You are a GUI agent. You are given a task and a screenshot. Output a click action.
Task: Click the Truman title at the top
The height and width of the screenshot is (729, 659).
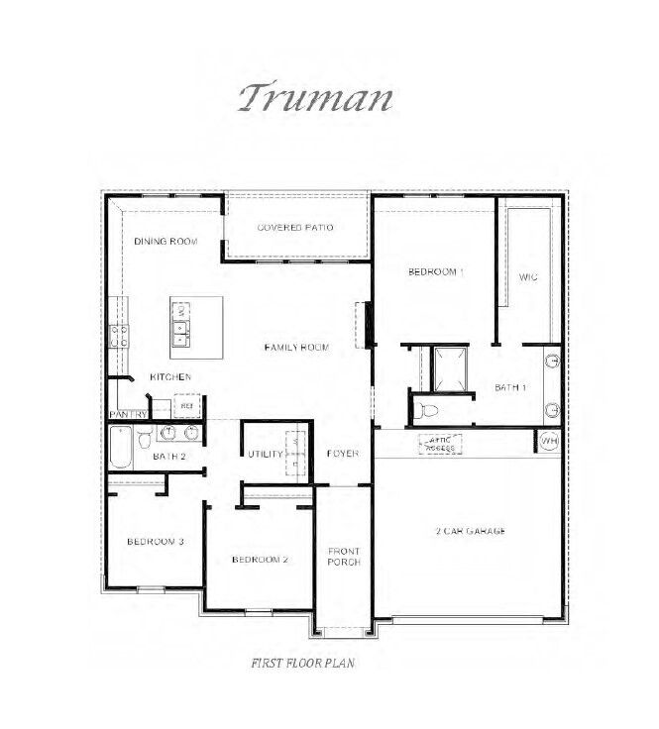(315, 98)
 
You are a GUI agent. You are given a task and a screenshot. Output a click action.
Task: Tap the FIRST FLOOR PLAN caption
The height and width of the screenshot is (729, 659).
(303, 663)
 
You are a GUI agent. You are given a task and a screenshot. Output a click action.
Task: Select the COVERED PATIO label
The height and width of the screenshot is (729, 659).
(295, 228)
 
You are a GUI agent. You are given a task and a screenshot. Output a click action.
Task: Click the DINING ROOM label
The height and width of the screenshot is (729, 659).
(166, 242)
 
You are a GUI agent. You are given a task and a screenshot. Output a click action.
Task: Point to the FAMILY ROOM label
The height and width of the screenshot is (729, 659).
(296, 347)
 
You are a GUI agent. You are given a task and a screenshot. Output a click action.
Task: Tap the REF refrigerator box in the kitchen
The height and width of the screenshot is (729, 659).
(186, 405)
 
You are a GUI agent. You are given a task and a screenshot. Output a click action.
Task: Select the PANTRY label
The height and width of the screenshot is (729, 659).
(128, 414)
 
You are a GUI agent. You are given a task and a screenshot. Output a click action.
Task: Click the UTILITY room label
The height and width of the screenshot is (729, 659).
(266, 454)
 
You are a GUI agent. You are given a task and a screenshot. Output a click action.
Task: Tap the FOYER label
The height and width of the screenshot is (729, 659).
(343, 454)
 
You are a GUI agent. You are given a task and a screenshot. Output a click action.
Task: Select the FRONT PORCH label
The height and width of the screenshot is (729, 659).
(344, 556)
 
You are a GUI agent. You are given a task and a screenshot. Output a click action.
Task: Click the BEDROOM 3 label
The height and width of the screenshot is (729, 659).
(156, 541)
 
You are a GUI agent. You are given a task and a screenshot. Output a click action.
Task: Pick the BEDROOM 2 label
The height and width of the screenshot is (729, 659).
(260, 560)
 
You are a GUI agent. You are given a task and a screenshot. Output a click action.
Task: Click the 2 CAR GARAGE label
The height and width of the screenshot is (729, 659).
(472, 531)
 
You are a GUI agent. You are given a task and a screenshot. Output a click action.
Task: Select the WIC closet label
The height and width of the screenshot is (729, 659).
(528, 276)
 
